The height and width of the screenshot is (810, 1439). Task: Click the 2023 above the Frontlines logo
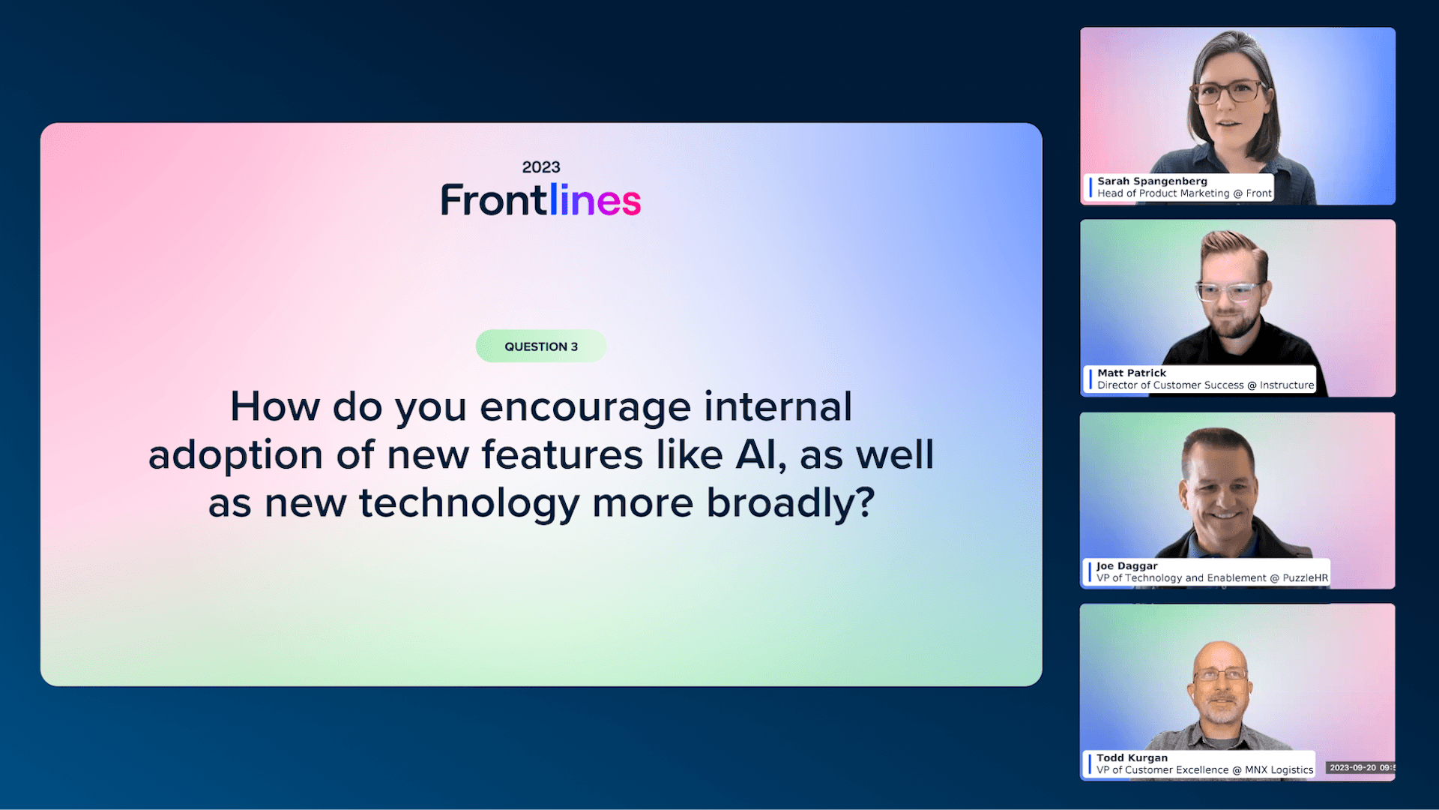541,167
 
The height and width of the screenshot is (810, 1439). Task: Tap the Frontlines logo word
541,200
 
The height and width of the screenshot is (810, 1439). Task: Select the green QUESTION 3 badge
541,346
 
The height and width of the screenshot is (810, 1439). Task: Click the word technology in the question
470,504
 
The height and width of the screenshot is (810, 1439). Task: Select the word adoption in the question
236,456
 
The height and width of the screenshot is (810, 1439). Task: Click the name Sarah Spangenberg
1152,181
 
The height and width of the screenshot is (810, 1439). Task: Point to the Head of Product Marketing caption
1163,193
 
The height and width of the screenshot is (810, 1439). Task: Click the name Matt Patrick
1132,373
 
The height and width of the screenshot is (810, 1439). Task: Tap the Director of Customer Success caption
1170,385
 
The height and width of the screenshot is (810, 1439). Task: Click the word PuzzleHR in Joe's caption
1305,578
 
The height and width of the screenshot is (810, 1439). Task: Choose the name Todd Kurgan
1132,758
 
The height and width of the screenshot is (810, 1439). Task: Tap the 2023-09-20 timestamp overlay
1360,768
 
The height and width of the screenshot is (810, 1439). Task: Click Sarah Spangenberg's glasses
1229,92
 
